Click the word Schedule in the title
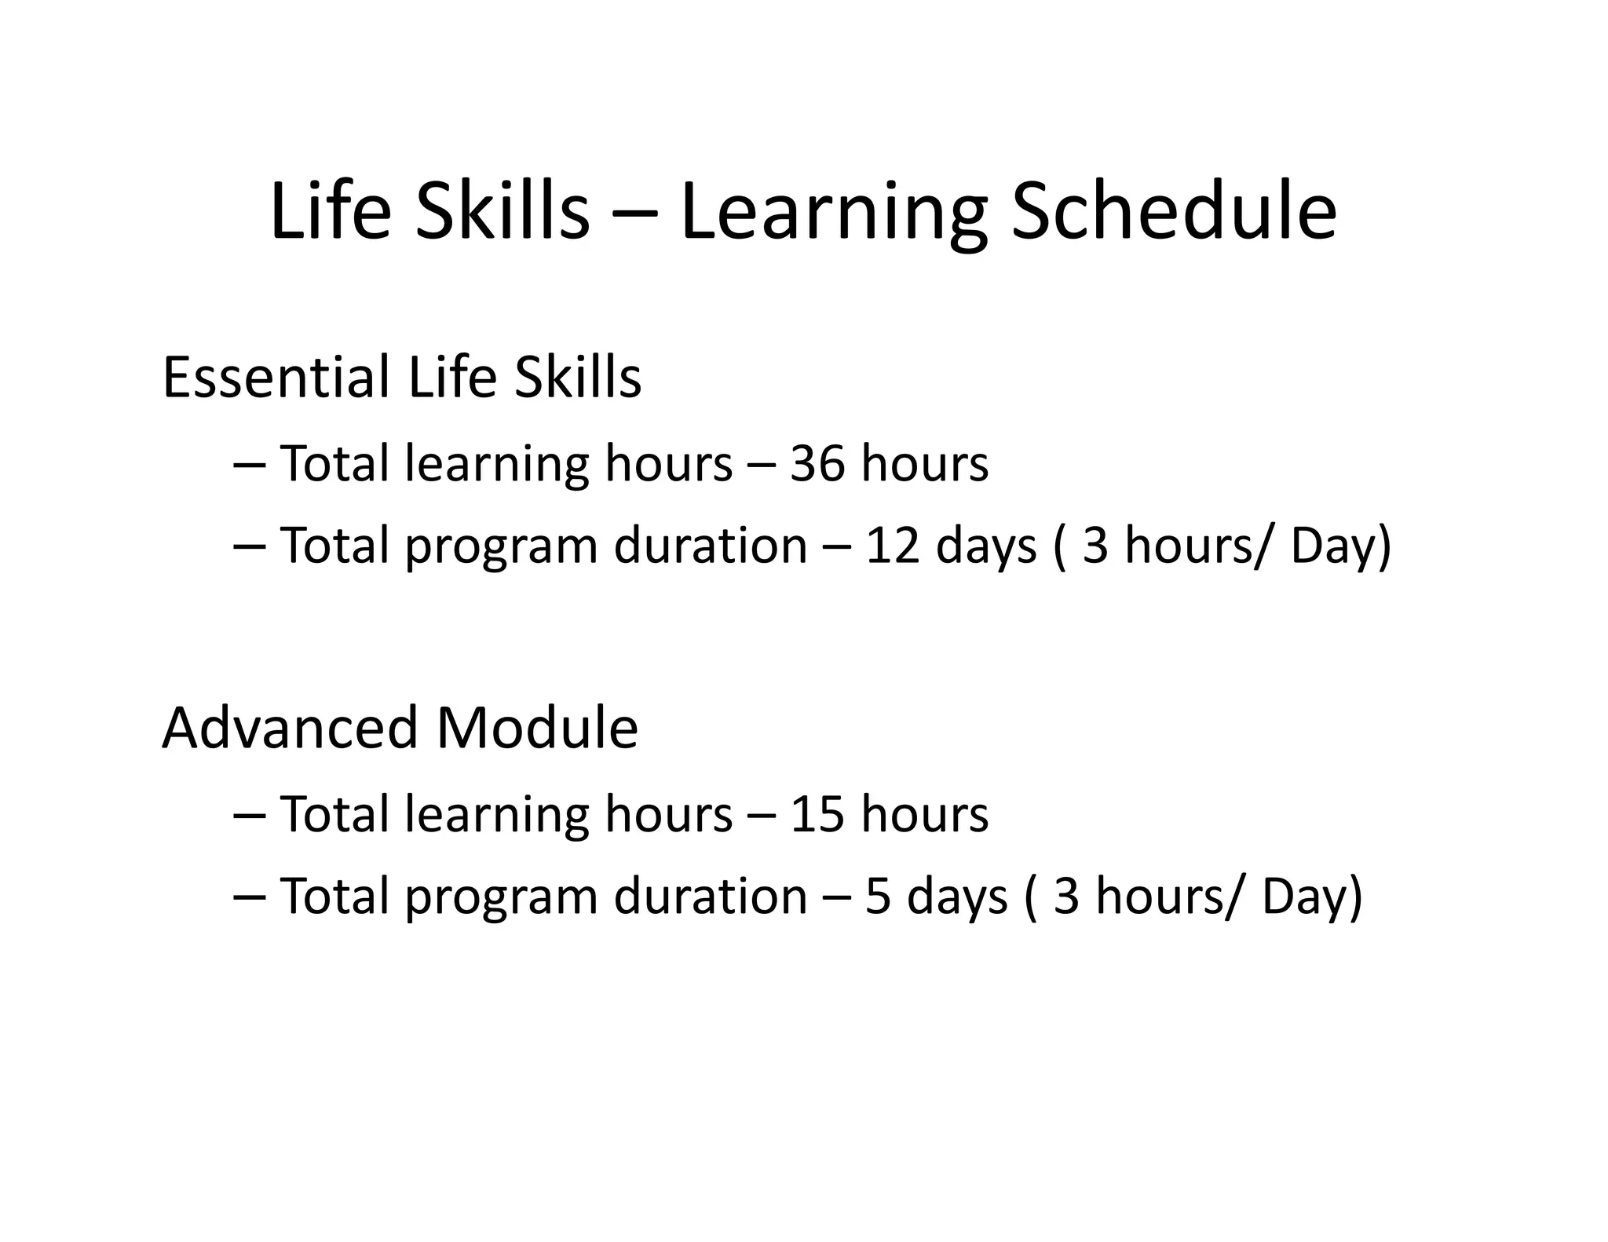click(1173, 212)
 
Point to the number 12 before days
click(892, 545)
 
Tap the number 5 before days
click(878, 896)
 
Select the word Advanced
click(290, 728)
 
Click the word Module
click(537, 728)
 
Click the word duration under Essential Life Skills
click(710, 545)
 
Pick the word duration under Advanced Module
click(710, 896)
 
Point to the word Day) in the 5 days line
click(1312, 897)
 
